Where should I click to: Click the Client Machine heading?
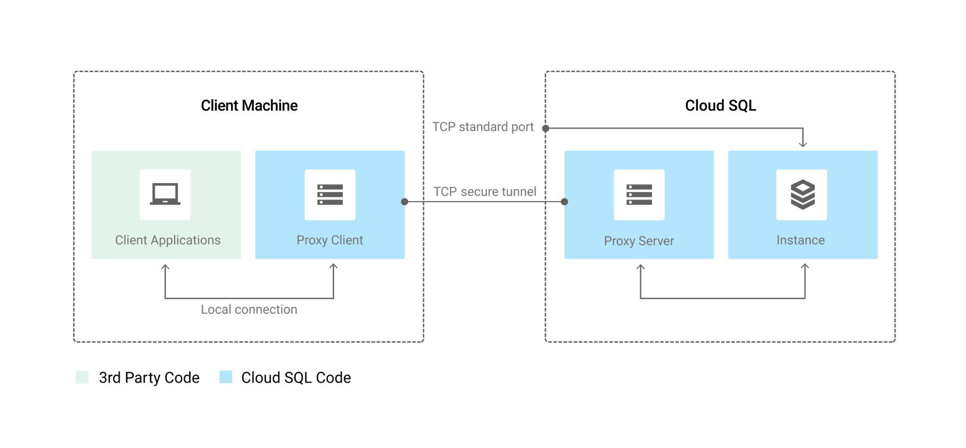249,105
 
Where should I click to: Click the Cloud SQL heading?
720,105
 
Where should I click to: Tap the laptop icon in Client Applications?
165,194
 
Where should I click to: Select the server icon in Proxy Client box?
330,194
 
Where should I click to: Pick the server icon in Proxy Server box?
639,194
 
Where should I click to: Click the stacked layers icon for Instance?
802,194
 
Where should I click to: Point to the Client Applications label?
167,240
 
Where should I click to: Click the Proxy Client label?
330,240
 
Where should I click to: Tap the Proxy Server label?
639,241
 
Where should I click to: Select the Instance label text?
800,240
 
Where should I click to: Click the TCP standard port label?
483,127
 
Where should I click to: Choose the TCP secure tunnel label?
484,191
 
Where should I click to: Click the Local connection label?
249,309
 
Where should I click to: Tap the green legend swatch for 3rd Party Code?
82,377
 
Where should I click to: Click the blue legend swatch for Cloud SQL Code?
226,377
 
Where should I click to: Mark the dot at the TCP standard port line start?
546,128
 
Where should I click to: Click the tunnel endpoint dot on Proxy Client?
404,202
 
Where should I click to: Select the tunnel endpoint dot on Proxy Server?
564,202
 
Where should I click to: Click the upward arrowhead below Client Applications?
165,267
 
